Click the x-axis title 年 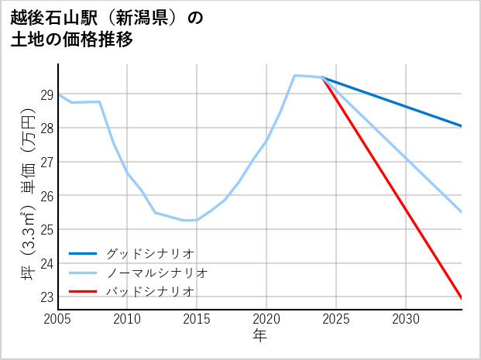coord(259,335)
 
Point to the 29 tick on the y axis coord(46,95)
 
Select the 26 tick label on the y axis coord(46,196)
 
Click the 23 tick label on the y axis coord(46,297)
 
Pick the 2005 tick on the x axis coord(58,319)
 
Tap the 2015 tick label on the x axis coord(197,319)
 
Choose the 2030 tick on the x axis coord(406,319)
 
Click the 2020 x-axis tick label coord(266,319)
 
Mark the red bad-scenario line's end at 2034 coord(462,298)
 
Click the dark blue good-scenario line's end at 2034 coord(462,126)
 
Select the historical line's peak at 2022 coord(294,75)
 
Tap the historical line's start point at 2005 coord(58,94)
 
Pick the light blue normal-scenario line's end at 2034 coord(462,212)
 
